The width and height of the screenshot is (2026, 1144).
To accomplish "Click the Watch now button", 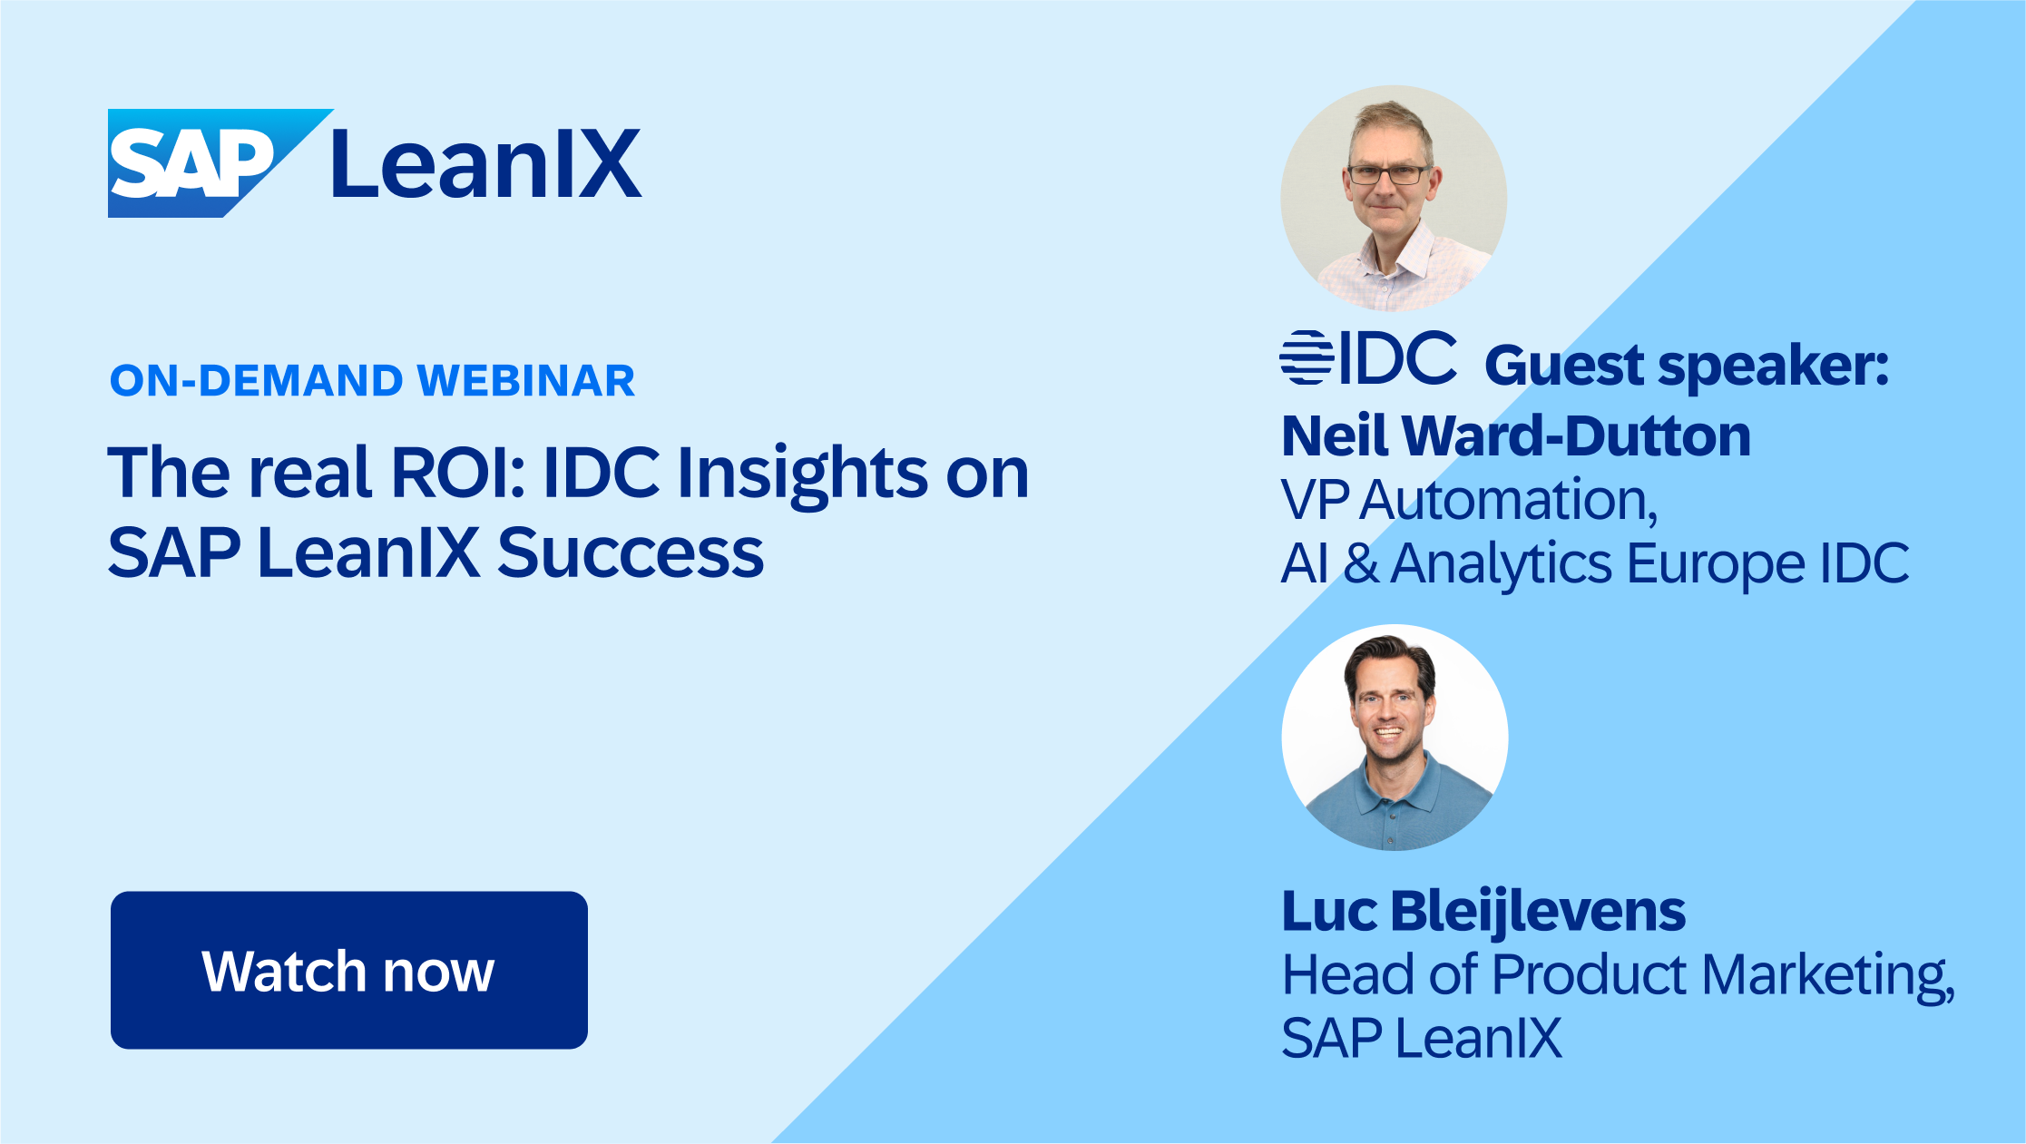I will coord(348,970).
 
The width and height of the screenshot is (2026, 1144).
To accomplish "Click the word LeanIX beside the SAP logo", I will coord(485,164).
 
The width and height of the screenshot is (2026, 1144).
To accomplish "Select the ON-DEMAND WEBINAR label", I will coord(372,381).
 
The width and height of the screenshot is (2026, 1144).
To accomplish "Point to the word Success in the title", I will coord(631,553).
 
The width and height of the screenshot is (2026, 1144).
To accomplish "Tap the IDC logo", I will coord(1368,358).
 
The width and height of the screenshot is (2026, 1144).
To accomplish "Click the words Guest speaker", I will coord(1686,366).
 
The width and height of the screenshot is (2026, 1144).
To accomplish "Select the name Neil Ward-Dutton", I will coord(1515,436).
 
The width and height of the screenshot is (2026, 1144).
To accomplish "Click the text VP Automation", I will coord(1469,500).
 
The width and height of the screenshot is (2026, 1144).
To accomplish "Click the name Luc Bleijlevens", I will coord(1483,912).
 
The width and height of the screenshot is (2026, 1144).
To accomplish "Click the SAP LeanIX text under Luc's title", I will coord(1422,1038).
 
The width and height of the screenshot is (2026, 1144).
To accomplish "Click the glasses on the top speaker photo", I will coord(1387,173).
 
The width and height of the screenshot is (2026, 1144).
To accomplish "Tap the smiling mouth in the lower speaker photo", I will coord(1389,731).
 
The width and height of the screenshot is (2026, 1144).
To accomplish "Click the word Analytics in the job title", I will coord(1501,563).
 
